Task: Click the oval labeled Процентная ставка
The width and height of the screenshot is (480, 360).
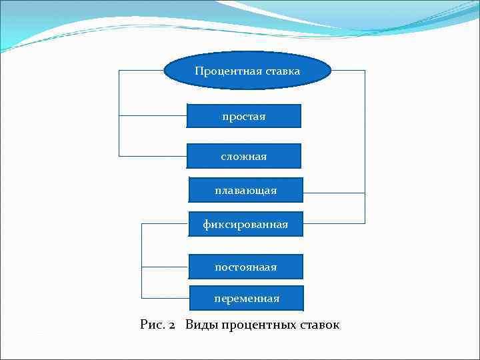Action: tap(247, 71)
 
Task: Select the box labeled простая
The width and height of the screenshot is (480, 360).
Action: tap(244, 116)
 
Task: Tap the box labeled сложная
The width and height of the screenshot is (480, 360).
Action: tap(244, 156)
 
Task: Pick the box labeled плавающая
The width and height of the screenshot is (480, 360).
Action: tap(246, 190)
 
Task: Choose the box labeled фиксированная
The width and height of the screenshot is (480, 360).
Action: tap(246, 224)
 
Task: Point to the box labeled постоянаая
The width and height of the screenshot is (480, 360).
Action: tap(246, 267)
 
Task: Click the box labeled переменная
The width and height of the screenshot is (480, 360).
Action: tap(247, 298)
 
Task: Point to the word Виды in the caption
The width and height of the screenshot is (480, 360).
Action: tap(201, 325)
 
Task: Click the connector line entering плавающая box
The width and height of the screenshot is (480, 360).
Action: tap(333, 193)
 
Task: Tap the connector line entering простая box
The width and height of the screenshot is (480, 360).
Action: tap(153, 116)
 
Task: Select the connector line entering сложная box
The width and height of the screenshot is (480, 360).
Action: tap(153, 156)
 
